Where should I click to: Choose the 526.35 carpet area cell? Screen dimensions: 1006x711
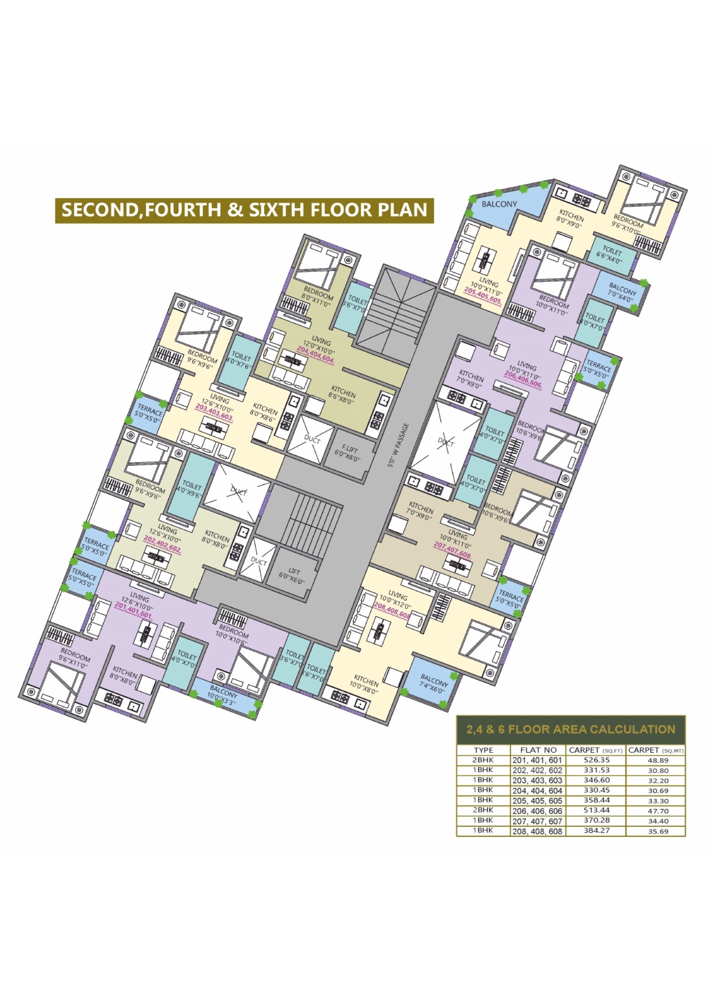tap(596, 760)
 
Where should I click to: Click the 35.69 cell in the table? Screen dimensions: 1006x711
tap(658, 831)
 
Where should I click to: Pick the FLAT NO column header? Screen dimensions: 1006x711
tap(538, 750)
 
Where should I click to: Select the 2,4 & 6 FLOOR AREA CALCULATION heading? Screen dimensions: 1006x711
tap(570, 729)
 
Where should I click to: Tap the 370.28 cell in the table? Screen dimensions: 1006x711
tap(596, 820)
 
